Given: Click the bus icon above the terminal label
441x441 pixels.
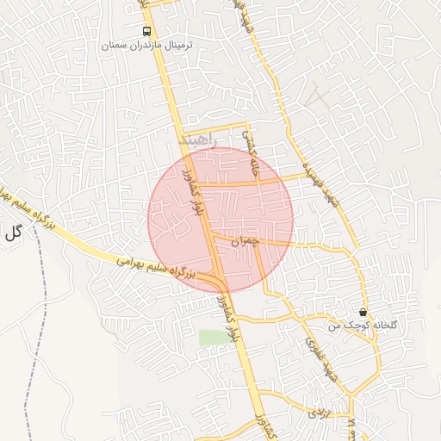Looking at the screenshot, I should pos(147,29).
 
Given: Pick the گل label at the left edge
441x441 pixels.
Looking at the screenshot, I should pos(12,232).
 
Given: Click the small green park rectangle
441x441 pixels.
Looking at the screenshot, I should pos(215,337).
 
